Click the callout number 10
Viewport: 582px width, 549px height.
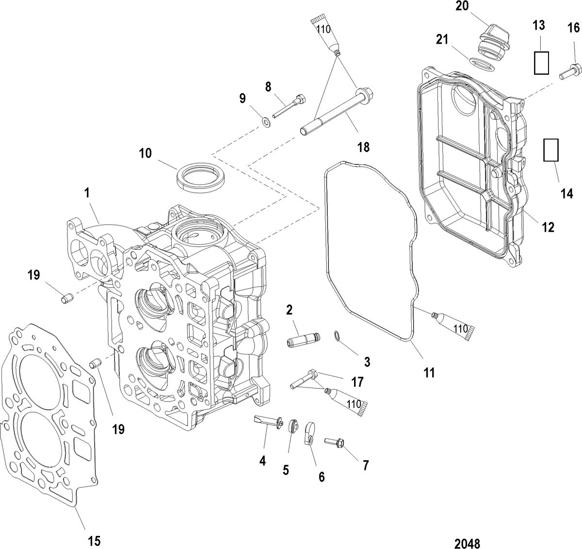pyautogui.click(x=145, y=154)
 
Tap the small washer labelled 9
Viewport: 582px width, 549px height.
pyautogui.click(x=266, y=120)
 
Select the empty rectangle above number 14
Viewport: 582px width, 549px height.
pyautogui.click(x=551, y=150)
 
